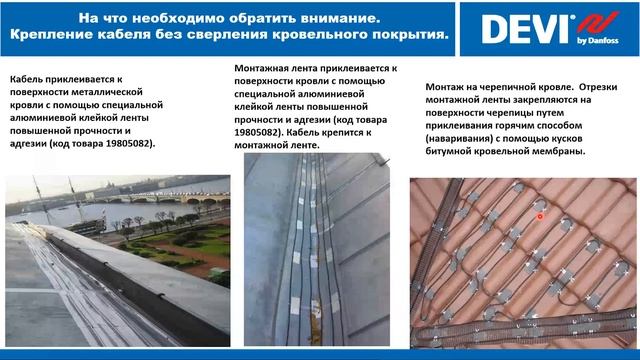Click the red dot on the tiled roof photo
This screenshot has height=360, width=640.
click(x=541, y=215)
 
